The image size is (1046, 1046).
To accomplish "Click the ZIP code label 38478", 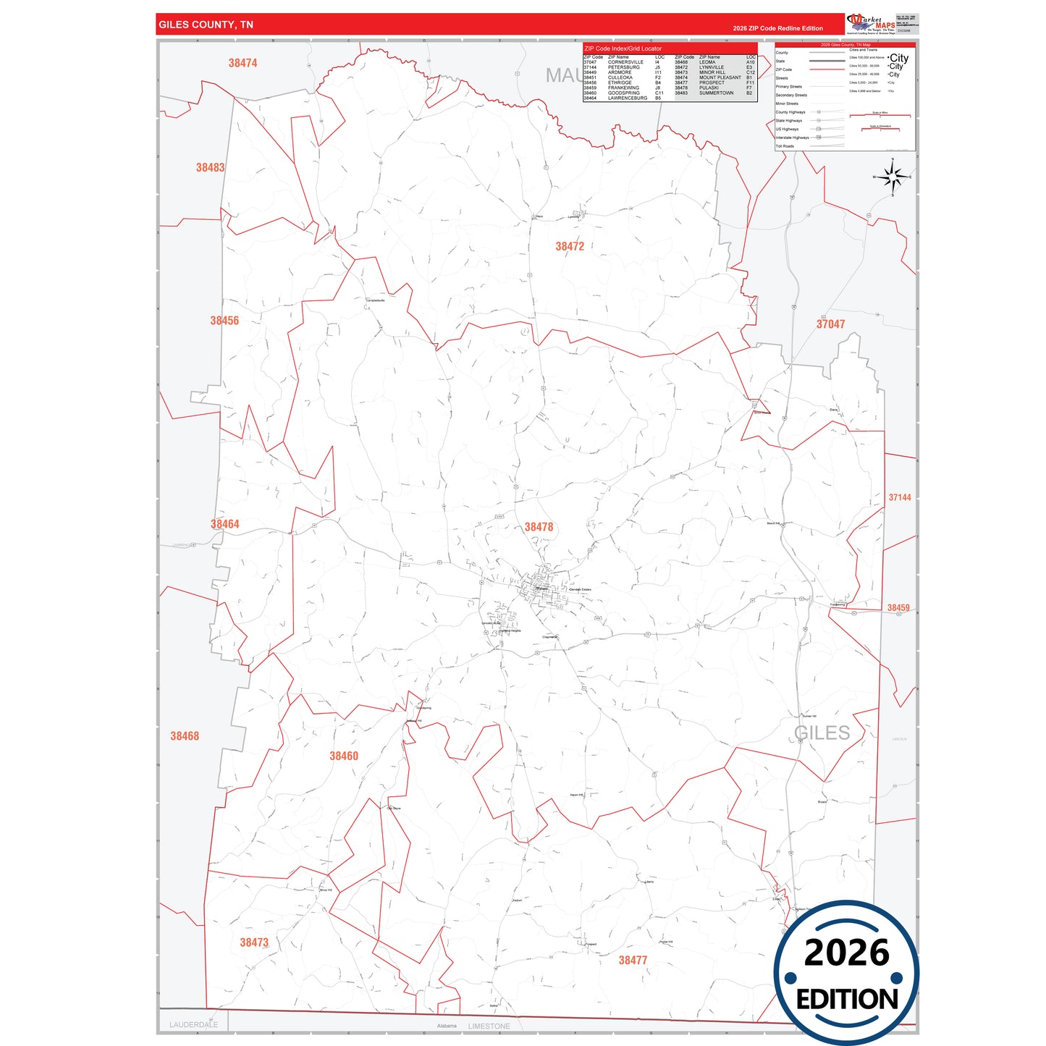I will tap(539, 527).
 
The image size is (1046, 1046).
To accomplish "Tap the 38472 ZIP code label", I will tap(570, 246).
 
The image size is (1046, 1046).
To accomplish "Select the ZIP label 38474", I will tap(242, 63).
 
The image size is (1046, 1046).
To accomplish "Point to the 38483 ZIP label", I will tap(210, 167).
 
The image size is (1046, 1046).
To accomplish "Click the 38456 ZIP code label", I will tap(224, 321).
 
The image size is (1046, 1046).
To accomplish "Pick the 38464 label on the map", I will tap(224, 524).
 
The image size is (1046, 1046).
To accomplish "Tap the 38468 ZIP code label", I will tap(185, 736).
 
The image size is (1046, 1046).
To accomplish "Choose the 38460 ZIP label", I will tap(344, 756).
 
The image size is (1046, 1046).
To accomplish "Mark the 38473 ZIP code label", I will tap(254, 942).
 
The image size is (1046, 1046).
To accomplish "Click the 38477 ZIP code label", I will tap(633, 960).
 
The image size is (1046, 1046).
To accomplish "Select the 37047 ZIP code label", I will tap(830, 324).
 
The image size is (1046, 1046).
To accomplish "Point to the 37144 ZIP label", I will tap(900, 497).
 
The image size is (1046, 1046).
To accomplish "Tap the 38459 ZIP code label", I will tap(898, 608).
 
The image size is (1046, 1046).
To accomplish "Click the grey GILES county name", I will tap(822, 733).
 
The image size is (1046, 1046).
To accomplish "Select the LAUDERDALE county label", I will tap(193, 1024).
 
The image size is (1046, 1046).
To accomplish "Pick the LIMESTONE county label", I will tap(489, 1026).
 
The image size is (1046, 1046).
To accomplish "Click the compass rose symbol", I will tap(893, 177).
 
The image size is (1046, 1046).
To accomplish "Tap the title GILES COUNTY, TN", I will tap(206, 25).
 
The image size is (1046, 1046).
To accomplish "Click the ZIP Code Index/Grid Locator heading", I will tap(623, 48).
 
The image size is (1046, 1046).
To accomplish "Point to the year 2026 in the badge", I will tap(846, 953).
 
